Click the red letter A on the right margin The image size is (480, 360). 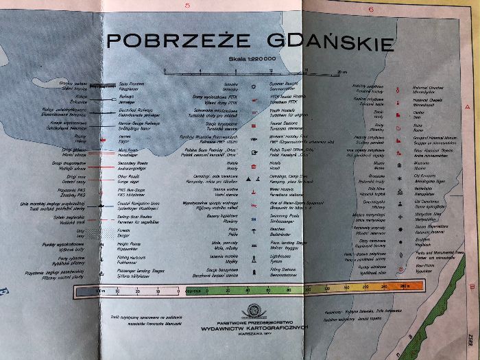467,108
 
